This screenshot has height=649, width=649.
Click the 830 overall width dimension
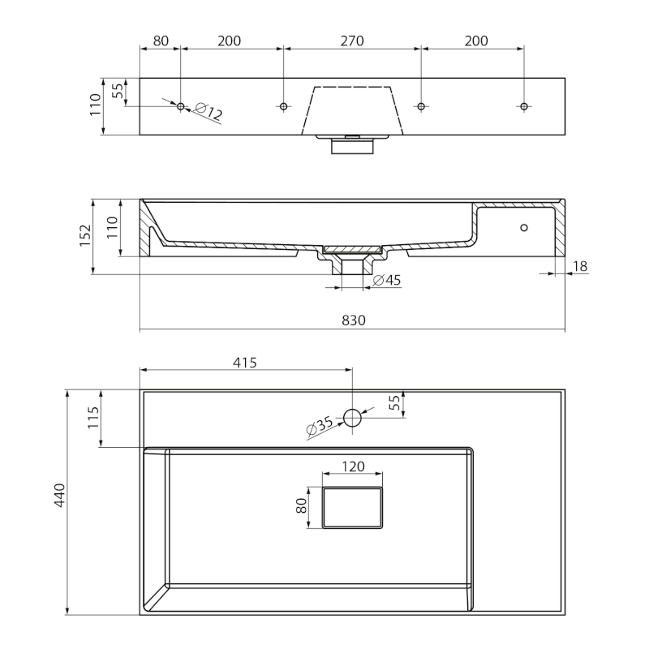(x=354, y=320)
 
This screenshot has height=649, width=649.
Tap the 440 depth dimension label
(x=59, y=495)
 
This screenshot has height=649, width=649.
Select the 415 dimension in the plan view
(x=245, y=363)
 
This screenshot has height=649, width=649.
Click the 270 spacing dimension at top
(x=352, y=41)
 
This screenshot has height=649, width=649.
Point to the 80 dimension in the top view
(x=161, y=41)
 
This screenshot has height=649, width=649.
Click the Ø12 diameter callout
(x=208, y=112)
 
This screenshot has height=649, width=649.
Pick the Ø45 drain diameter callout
(x=387, y=280)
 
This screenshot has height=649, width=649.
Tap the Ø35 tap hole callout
(x=319, y=426)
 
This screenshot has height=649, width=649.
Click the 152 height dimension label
(x=85, y=235)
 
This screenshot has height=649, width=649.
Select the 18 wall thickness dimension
(x=580, y=266)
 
